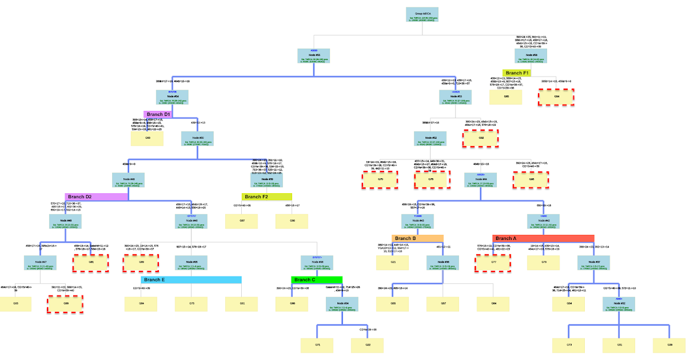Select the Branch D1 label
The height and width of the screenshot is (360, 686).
click(x=158, y=114)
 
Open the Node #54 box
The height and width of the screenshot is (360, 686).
click(x=173, y=97)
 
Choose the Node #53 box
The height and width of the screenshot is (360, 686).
click(x=456, y=97)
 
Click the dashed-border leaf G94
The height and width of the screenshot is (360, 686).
click(x=556, y=97)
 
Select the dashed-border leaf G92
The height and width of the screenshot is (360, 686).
click(x=481, y=138)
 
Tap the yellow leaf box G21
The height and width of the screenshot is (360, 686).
click(x=393, y=262)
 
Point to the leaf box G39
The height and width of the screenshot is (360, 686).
click(x=669, y=345)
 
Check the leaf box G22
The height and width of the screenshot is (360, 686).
click(x=368, y=345)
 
